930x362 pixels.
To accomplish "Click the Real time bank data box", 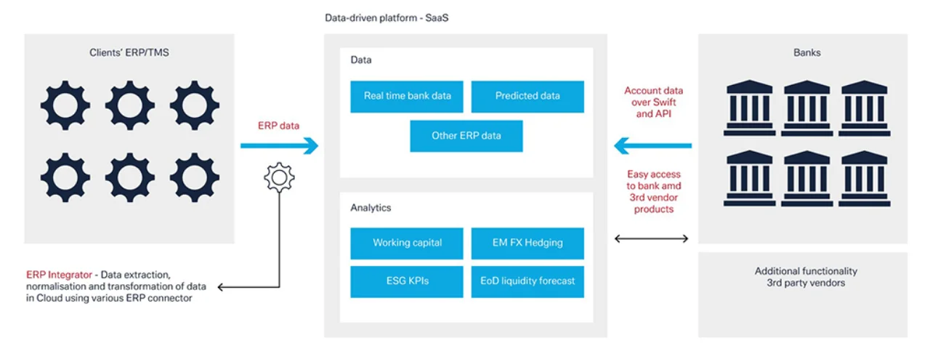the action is (x=406, y=96).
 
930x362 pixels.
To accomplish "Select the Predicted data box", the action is (x=527, y=96).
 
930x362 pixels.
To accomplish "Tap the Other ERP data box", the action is (x=466, y=136).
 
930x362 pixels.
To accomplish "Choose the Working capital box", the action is (x=406, y=244).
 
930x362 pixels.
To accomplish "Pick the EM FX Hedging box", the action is (x=527, y=244).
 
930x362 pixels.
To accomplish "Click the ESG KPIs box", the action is (x=406, y=281).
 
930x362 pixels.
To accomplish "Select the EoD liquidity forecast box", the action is (x=527, y=281).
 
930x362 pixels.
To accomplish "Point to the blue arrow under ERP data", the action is (x=280, y=145).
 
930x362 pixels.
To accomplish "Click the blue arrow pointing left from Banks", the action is (x=652, y=145).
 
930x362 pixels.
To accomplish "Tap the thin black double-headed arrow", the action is (x=652, y=238).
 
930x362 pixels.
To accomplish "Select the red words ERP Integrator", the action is (x=59, y=275).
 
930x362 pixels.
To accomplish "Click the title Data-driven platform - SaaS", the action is (x=387, y=18).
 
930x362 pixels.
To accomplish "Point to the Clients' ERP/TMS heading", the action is (x=129, y=53).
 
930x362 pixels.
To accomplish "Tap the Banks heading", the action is (x=806, y=53).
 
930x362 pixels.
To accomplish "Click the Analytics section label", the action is (x=371, y=208).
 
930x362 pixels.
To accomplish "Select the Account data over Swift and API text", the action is (x=653, y=102).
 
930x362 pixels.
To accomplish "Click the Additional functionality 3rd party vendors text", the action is (x=806, y=277).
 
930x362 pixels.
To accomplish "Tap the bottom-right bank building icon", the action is (x=864, y=179).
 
